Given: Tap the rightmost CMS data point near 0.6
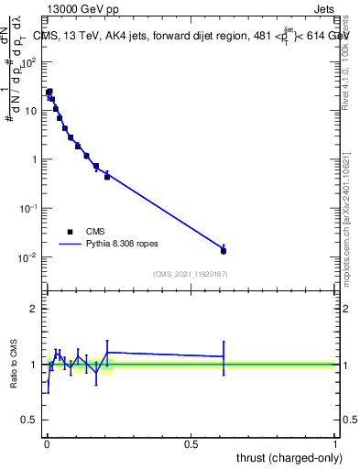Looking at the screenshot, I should click(224, 250).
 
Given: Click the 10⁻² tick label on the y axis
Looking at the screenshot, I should click(27, 257).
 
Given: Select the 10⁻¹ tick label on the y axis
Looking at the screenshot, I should click(27, 209).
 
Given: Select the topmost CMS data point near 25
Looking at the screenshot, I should click(49, 92).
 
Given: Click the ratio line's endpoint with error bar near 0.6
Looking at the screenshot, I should click(224, 356).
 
